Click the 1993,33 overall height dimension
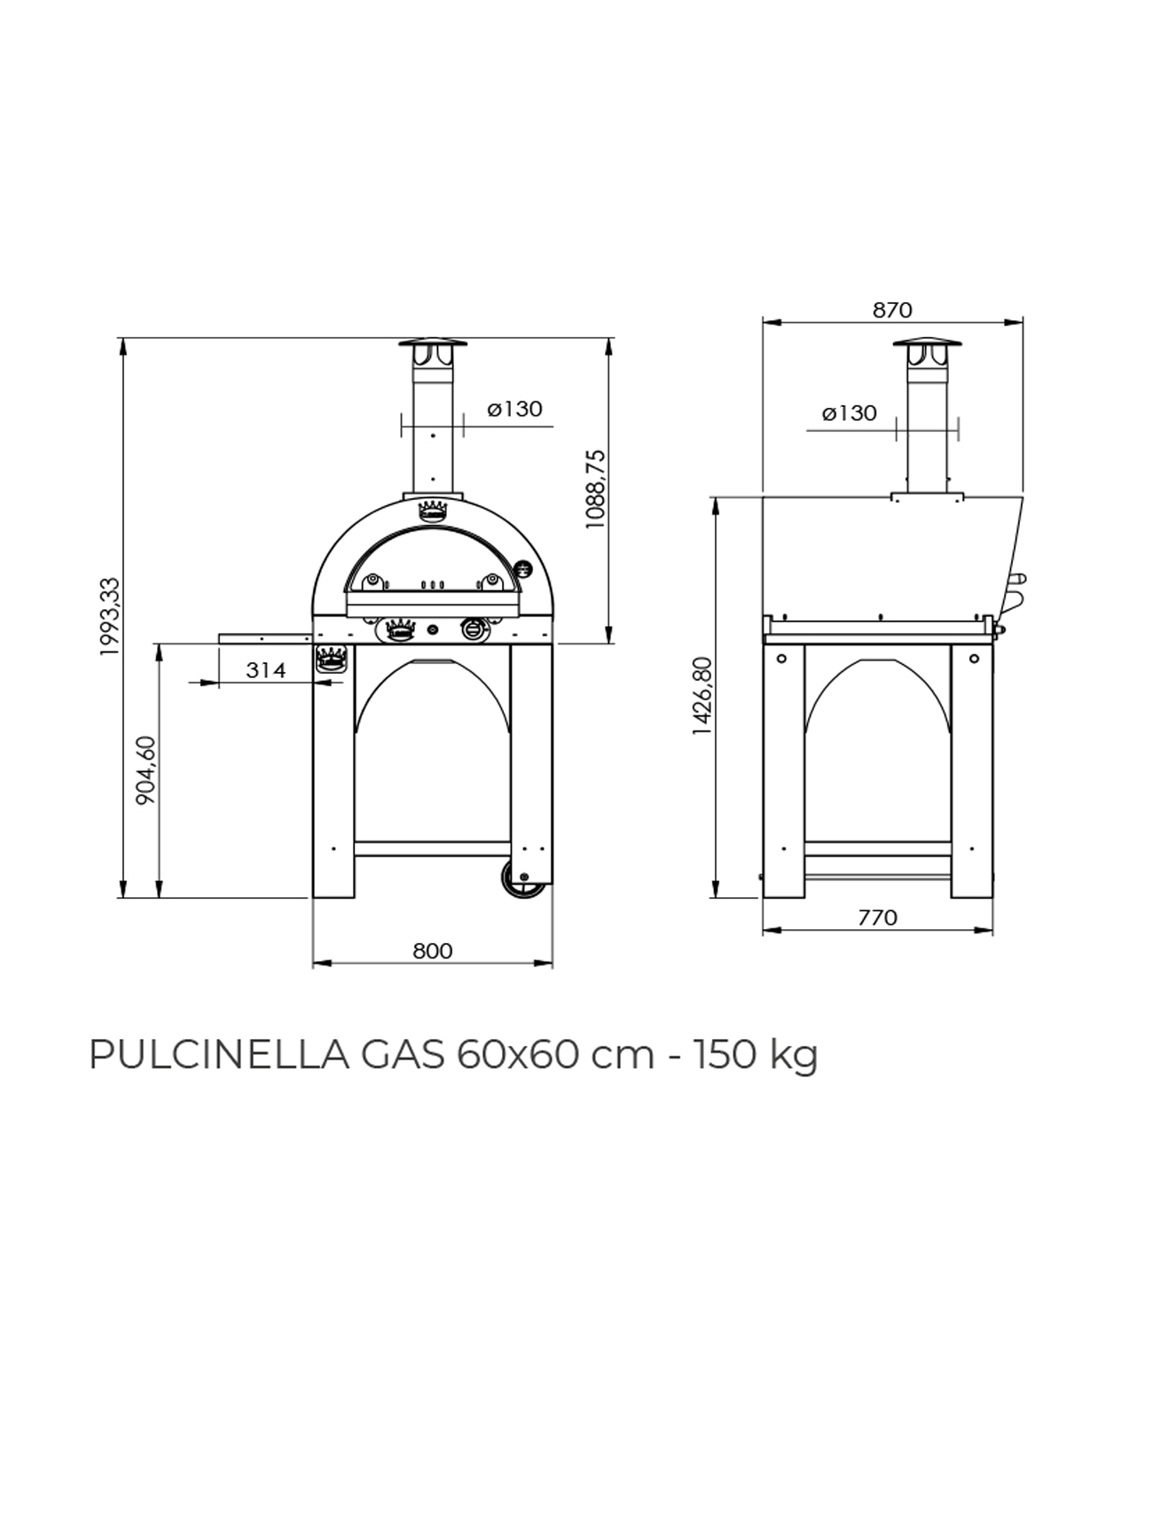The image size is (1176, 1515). tap(108, 616)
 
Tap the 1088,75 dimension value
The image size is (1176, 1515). tap(595, 488)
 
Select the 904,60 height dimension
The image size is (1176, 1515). tap(145, 770)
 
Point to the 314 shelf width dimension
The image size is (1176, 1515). tap(266, 670)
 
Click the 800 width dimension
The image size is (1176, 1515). tap(433, 950)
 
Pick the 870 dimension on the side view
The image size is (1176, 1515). tap(892, 309)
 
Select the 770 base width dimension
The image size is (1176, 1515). tap(878, 918)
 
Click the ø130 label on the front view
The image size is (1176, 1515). tap(514, 409)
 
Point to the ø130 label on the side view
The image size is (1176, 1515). tap(850, 412)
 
